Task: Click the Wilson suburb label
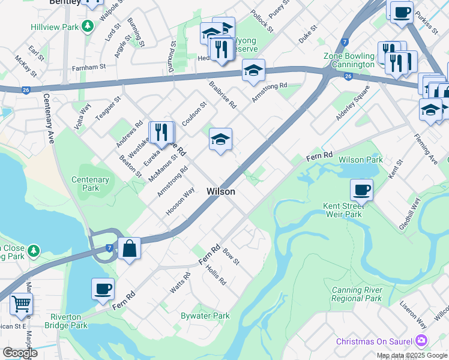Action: pos(220,191)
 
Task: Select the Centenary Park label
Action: pos(90,184)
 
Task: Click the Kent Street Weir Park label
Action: pos(343,210)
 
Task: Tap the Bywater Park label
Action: pos(205,316)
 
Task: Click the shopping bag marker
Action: pos(129,248)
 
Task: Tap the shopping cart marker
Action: pos(21,305)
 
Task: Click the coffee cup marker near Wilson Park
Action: pos(361,190)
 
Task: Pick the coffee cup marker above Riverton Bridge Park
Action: pos(103,289)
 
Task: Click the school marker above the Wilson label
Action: pos(220,140)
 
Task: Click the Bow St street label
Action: pos(231,259)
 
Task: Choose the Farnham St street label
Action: pos(90,66)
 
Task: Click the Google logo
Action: pos(20,353)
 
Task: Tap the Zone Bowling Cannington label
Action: pos(349,60)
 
